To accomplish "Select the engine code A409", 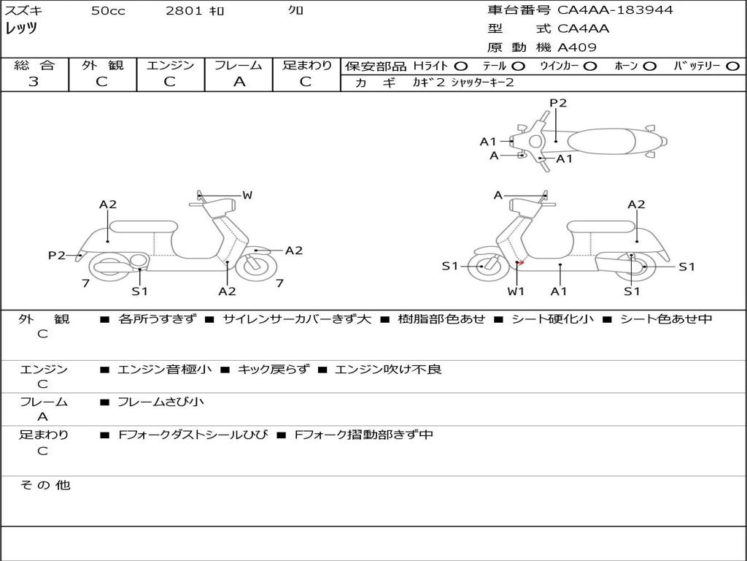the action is pyautogui.click(x=577, y=48).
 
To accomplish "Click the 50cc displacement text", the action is pyautogui.click(x=108, y=11).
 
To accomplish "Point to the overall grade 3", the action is pyautogui.click(x=34, y=82).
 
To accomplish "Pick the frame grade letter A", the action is pyautogui.click(x=239, y=82).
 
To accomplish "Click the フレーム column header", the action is pyautogui.click(x=239, y=66).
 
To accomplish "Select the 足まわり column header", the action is pyautogui.click(x=306, y=66).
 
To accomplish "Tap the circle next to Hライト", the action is pyautogui.click(x=461, y=66).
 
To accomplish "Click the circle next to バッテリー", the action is pyautogui.click(x=733, y=66).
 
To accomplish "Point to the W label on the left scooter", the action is pyautogui.click(x=247, y=195).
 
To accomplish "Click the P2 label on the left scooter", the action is pyautogui.click(x=57, y=255).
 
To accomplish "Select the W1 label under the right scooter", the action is pyautogui.click(x=516, y=291).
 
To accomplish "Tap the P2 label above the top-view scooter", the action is pyautogui.click(x=558, y=103).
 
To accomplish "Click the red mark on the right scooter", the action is pyautogui.click(x=521, y=263).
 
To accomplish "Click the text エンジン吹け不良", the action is pyautogui.click(x=388, y=370).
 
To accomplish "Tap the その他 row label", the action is pyautogui.click(x=45, y=485).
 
